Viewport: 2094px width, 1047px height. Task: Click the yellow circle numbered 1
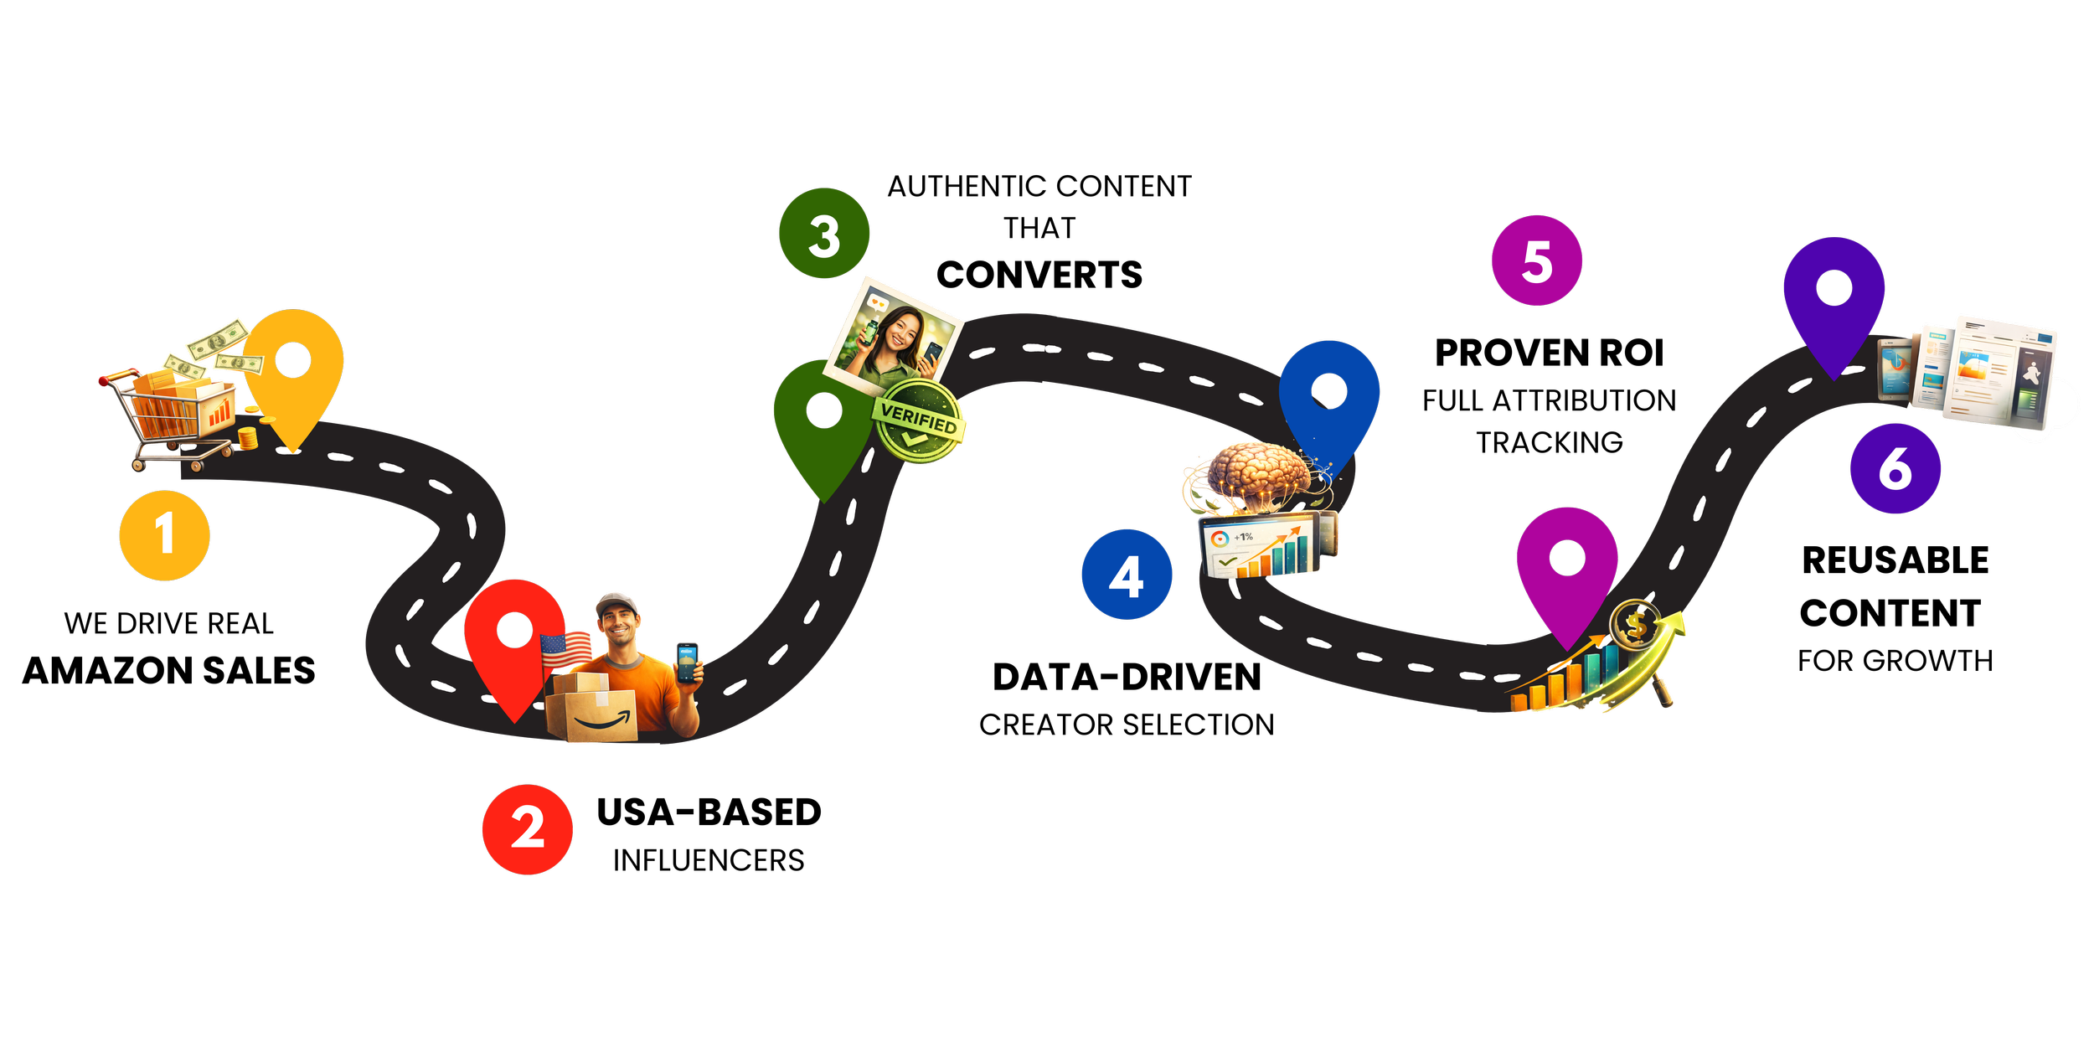point(164,535)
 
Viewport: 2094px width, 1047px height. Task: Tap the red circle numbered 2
point(527,829)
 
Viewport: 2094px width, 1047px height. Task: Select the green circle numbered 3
point(824,234)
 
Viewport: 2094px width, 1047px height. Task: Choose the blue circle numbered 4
point(1127,575)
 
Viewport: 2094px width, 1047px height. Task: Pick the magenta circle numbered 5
point(1537,260)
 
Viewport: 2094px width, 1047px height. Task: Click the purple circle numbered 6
point(1895,468)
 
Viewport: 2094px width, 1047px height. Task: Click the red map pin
point(514,645)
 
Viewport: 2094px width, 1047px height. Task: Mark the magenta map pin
point(1567,570)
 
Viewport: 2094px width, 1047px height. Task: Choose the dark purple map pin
point(1834,297)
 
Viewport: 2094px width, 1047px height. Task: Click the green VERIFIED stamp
point(919,420)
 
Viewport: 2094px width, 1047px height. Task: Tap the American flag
point(565,650)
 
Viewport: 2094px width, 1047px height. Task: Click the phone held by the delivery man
point(687,663)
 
